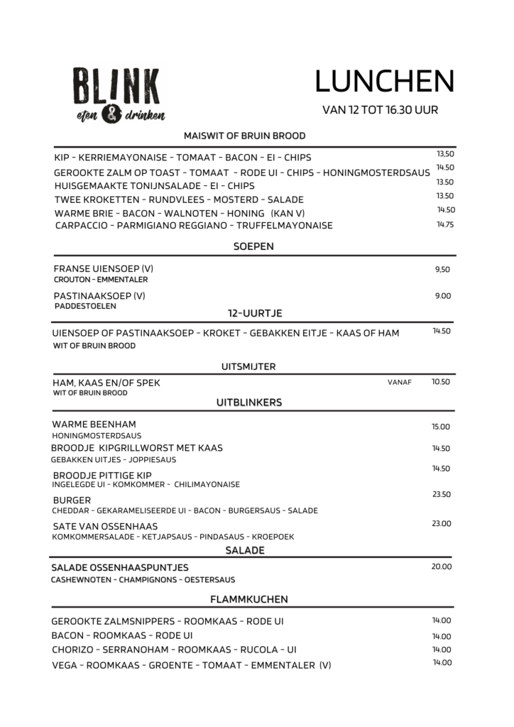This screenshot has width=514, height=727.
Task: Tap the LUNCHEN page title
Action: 383,82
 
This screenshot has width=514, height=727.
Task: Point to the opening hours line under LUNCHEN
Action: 380,110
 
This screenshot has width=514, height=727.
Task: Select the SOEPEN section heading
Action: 253,246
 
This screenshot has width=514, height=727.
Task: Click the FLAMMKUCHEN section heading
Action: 253,599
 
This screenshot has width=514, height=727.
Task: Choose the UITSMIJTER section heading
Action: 248,366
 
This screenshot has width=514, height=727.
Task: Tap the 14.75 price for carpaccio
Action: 445,224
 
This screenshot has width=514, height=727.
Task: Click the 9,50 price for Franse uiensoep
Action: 442,269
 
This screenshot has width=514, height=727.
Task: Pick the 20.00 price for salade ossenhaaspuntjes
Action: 442,567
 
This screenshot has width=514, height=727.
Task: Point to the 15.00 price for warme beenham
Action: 442,427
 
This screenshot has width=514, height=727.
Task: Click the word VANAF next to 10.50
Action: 400,383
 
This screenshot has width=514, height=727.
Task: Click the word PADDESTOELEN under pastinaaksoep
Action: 85,307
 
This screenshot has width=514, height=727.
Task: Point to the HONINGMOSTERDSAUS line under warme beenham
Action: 97,434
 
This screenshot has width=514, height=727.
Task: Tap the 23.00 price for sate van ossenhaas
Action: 442,523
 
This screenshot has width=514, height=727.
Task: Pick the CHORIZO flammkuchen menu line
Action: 174,650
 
